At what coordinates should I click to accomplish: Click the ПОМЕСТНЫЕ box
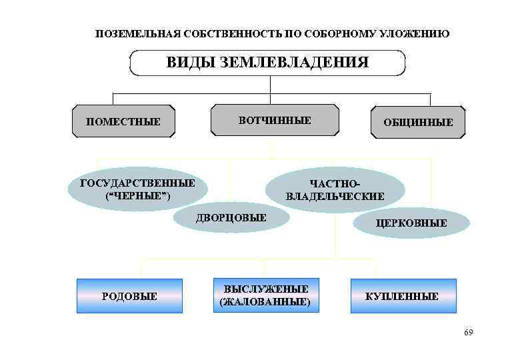(123, 121)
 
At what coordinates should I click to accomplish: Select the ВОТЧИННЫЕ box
(275, 120)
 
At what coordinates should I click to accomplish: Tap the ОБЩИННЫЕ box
(417, 122)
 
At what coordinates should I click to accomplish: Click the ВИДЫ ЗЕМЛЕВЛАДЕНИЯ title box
(267, 63)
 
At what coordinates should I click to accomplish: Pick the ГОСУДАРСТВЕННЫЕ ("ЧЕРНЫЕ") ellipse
(137, 189)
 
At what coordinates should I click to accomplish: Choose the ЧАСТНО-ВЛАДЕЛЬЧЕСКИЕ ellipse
(335, 190)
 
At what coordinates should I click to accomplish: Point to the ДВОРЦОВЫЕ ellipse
(231, 217)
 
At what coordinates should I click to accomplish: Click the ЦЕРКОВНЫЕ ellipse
(411, 223)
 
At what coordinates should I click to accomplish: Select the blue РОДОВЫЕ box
(129, 296)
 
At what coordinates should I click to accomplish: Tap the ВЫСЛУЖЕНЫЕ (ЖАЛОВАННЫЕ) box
(265, 295)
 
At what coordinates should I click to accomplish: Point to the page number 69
(468, 332)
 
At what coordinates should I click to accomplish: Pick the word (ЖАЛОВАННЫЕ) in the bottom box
(265, 302)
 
